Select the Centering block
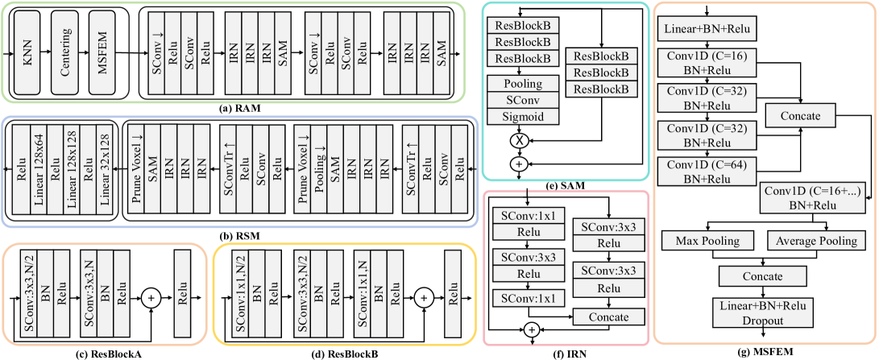click(x=67, y=55)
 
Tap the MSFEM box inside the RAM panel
click(x=105, y=55)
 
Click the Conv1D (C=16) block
click(x=707, y=63)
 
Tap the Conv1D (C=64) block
click(x=707, y=171)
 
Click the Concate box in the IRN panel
click(x=608, y=317)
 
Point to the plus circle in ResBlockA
click(x=150, y=299)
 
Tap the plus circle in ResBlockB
click(x=424, y=299)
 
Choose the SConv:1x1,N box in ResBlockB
click(x=363, y=297)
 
